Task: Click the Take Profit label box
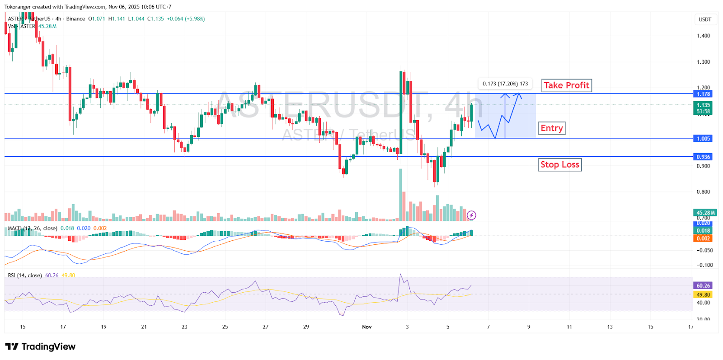coord(566,85)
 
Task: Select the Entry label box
coord(552,128)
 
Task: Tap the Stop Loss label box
coord(560,165)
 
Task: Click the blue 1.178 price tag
coord(703,94)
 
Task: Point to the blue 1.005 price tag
coord(703,139)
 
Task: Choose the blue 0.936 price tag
coord(703,157)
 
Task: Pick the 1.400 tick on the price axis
coord(703,36)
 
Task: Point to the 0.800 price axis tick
coord(703,192)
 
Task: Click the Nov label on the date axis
coord(366,327)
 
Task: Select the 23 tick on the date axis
coord(184,327)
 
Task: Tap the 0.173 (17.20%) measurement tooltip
coord(505,84)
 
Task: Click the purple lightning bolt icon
coord(471,215)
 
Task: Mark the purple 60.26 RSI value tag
coord(703,285)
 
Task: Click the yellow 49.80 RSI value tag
coord(703,295)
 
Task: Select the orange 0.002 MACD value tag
coord(703,238)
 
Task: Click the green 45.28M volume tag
coord(705,213)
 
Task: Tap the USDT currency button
coord(704,19)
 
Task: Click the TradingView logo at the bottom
coord(40,346)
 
